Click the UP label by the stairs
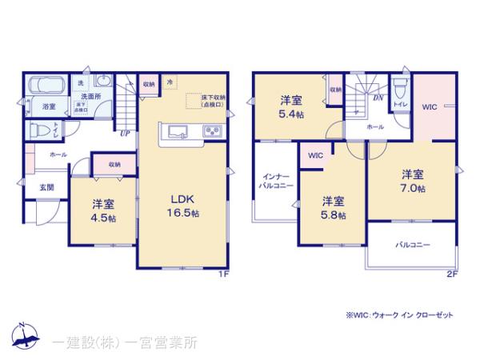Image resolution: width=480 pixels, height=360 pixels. pyautogui.click(x=124, y=134)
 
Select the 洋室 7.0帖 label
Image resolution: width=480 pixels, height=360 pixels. pyautogui.click(x=413, y=180)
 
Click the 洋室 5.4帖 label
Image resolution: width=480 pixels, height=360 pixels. pyautogui.click(x=290, y=107)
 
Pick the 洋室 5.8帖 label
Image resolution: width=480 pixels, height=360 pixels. pyautogui.click(x=334, y=207)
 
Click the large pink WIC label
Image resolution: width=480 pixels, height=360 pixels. pyautogui.click(x=430, y=106)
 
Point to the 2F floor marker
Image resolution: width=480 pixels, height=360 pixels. pyautogui.click(x=451, y=274)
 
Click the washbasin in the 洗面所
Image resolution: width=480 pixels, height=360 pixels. pyautogui.click(x=103, y=81)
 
